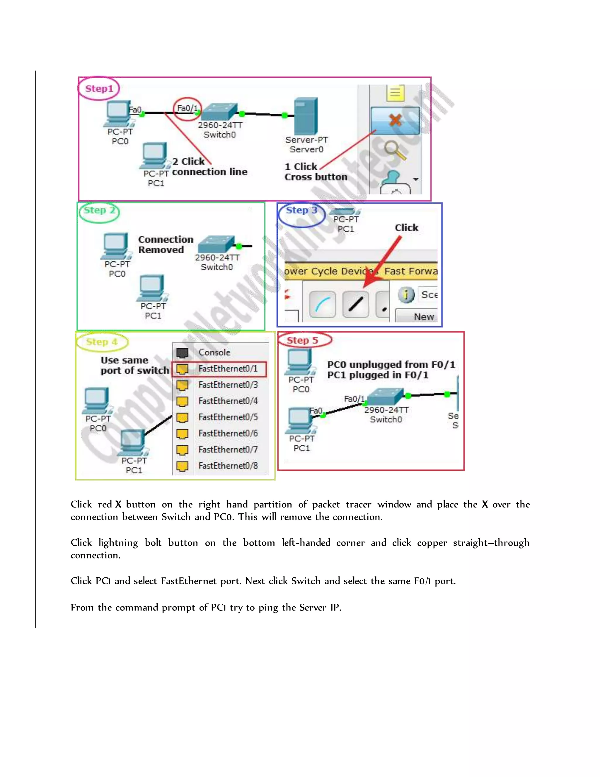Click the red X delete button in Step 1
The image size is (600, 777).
click(395, 120)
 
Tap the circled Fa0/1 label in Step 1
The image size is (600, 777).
click(187, 108)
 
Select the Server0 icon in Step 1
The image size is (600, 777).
click(305, 116)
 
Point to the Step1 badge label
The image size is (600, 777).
click(99, 89)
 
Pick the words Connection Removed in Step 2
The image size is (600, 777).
click(165, 245)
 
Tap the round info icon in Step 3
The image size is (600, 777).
click(406, 295)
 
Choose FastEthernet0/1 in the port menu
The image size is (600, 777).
click(227, 369)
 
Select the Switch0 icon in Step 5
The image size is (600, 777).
click(385, 396)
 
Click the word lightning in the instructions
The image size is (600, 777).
click(118, 542)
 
